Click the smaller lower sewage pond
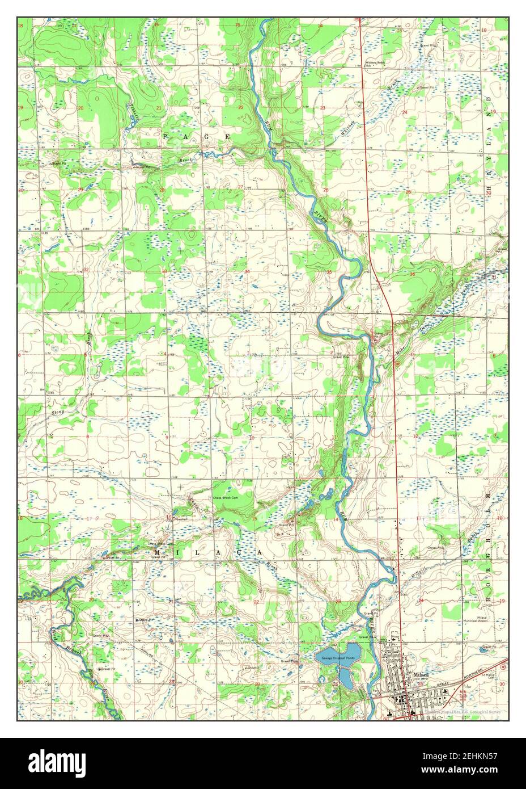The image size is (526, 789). pyautogui.click(x=345, y=677)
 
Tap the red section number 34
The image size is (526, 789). pyautogui.click(x=247, y=272)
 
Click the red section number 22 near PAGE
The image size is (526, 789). pyautogui.click(x=240, y=107)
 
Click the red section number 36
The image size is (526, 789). pyautogui.click(x=412, y=274)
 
